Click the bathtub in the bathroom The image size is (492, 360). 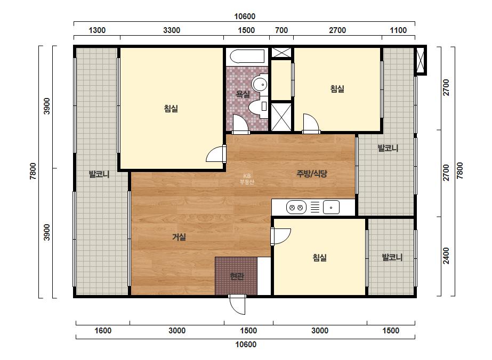pyautogui.click(x=247, y=57)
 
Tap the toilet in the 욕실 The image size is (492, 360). pyautogui.click(x=259, y=107)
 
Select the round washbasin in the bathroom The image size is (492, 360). pyautogui.click(x=260, y=84)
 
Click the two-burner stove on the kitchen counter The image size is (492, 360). pyautogui.click(x=296, y=207)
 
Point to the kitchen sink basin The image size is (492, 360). pyautogui.click(x=331, y=207)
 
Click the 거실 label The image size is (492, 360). pyautogui.click(x=179, y=238)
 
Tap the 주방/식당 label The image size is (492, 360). pyautogui.click(x=312, y=174)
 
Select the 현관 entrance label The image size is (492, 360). pyautogui.click(x=237, y=276)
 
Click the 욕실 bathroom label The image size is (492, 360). pyautogui.click(x=243, y=94)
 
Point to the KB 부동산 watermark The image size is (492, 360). pyautogui.click(x=247, y=179)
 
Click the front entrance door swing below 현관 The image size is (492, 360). pyautogui.click(x=237, y=304)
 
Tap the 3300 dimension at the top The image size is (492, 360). pyautogui.click(x=172, y=30)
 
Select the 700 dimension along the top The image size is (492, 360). pyautogui.click(x=281, y=30)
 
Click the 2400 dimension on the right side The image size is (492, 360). pyautogui.click(x=446, y=256)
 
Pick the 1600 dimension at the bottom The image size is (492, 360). pyautogui.click(x=103, y=331)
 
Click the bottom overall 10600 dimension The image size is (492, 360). pyautogui.click(x=246, y=345)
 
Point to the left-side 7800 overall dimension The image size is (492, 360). pyautogui.click(x=33, y=171)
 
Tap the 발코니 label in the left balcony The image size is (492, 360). pyautogui.click(x=99, y=174)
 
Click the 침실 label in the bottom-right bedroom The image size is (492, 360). pyautogui.click(x=320, y=258)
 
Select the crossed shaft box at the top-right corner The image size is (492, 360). pyautogui.click(x=420, y=60)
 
